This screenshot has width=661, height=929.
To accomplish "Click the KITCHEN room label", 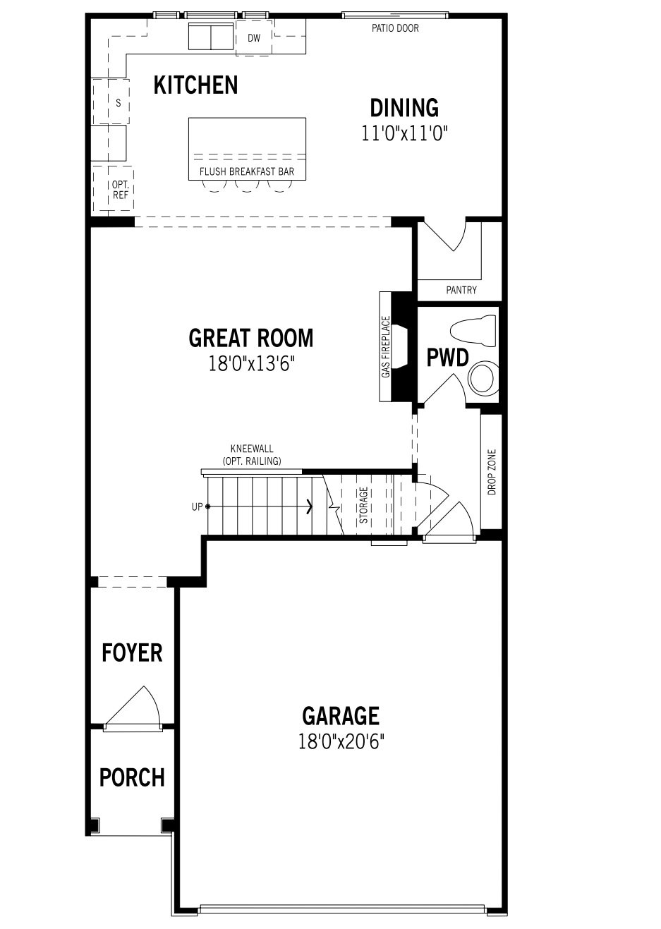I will (195, 85).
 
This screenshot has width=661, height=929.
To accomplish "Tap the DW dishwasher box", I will (254, 38).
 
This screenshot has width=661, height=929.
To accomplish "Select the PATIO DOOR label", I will (395, 29).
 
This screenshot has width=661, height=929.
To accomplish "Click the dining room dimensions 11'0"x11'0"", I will (405, 133).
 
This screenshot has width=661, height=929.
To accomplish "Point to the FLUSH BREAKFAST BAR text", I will (247, 171).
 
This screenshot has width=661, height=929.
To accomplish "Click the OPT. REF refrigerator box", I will (120, 190).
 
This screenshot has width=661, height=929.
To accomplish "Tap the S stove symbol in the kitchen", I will (118, 103).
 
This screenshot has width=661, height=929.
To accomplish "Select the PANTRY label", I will (461, 290).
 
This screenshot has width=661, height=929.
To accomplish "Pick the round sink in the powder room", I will (483, 378).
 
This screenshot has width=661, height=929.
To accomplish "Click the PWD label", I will (447, 358).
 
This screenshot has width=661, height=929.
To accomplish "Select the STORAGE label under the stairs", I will (363, 505).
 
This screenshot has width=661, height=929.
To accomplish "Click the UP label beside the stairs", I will (197, 506).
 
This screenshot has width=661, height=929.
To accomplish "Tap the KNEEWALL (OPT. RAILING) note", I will (252, 455).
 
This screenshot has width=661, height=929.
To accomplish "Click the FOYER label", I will (132, 652).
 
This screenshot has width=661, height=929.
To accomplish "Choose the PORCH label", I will (132, 777).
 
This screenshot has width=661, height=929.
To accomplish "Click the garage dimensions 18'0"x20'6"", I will (341, 741).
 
